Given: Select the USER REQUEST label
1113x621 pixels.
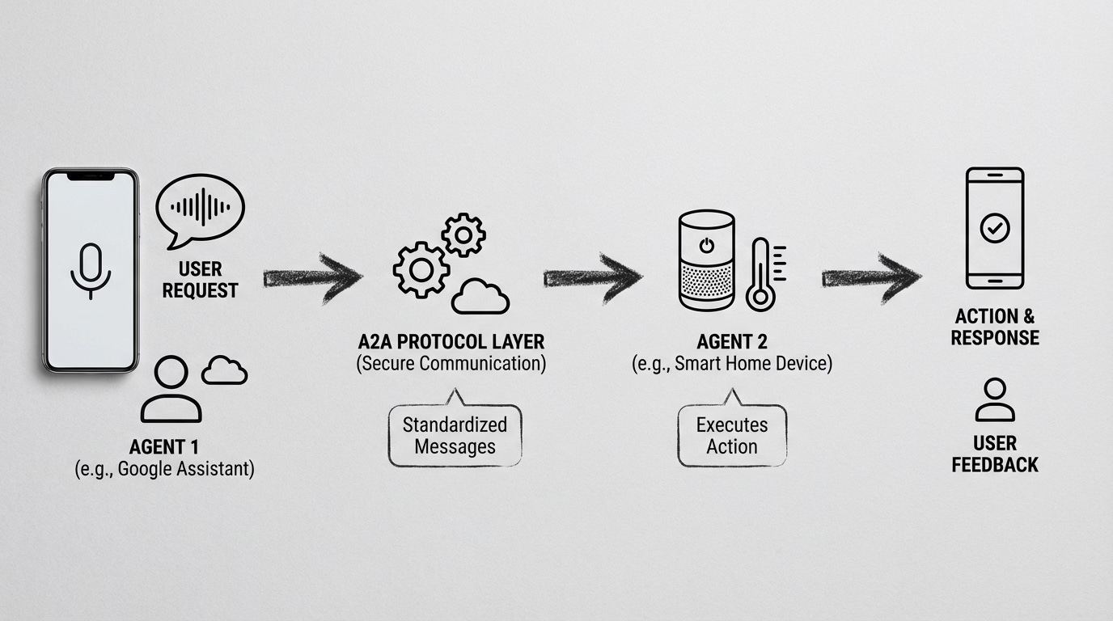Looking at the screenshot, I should coord(200,279).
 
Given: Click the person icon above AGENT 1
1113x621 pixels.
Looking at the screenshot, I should coord(171,390).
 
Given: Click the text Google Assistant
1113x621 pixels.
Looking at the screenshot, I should coord(185,469).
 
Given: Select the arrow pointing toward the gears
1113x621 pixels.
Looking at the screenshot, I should coord(313,277).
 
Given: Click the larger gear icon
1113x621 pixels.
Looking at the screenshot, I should coord(421,268).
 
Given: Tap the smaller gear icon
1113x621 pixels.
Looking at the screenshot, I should coord(463,234).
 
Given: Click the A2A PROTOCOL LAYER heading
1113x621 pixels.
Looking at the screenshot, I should coord(451,341).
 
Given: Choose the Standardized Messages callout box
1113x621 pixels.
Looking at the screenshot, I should coord(455,435).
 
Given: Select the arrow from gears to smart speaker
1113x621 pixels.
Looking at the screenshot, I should coord(593,277).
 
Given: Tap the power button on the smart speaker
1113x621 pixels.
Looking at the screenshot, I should coord(707,245).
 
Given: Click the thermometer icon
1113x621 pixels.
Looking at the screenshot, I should coord(761,274).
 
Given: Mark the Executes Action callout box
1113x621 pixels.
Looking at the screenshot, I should coord(732,435).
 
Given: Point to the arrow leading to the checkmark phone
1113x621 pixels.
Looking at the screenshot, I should coord(871,277).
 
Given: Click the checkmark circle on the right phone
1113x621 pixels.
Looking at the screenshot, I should coord(994,228).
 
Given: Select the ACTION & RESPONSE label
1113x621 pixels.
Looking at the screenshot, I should coord(995,327).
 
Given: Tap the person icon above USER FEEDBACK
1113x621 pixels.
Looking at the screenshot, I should coord(994,399).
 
